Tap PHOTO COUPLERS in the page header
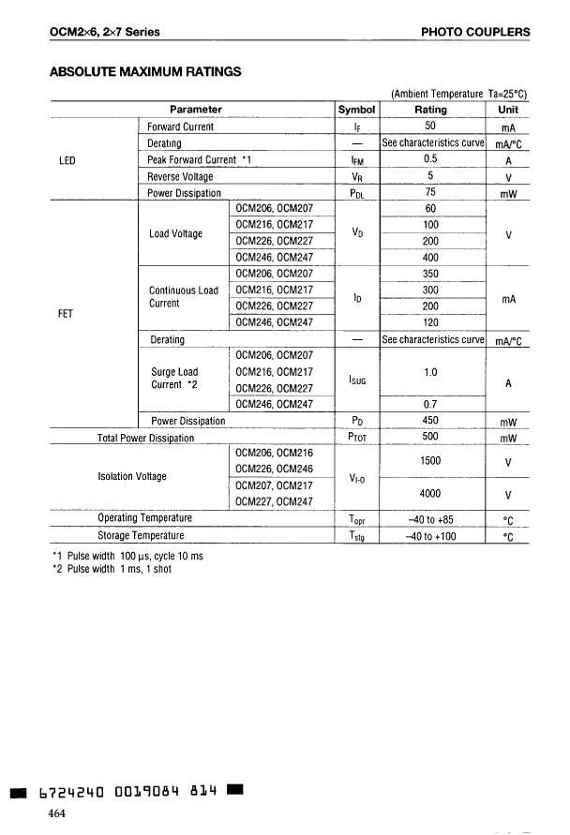[x=475, y=32]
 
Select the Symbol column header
[x=357, y=110]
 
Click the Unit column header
[x=508, y=110]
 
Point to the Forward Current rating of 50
[x=430, y=127]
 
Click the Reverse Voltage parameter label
[x=180, y=176]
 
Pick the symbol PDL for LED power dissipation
[x=357, y=194]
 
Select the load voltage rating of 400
[x=430, y=258]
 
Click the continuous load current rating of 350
[x=430, y=275]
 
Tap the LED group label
[x=67, y=160]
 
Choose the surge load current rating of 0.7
[x=430, y=404]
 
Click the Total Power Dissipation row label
[x=145, y=438]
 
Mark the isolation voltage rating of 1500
[x=430, y=460]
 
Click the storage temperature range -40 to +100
[x=430, y=535]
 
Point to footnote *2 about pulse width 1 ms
[x=112, y=569]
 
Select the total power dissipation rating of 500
[x=430, y=438]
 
